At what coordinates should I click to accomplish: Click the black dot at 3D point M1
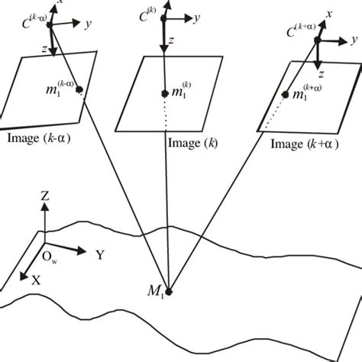(x=170, y=291)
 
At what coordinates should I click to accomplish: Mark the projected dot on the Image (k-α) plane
(x=79, y=90)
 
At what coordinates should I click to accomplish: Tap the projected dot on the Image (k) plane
(x=164, y=94)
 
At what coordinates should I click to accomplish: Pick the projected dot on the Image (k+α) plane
(x=286, y=95)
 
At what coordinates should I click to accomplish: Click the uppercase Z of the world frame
(x=45, y=197)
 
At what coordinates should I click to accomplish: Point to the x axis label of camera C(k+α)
(x=329, y=15)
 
